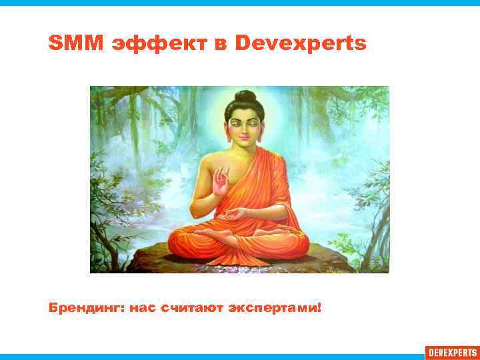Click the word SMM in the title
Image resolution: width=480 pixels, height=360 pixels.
tap(68, 44)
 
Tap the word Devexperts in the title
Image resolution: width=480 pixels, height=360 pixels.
tap(301, 44)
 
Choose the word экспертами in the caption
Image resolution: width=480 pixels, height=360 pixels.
tap(272, 309)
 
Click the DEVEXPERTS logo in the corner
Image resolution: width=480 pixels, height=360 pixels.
tap(452, 352)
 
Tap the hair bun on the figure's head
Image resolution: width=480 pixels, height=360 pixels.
tap(245, 97)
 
